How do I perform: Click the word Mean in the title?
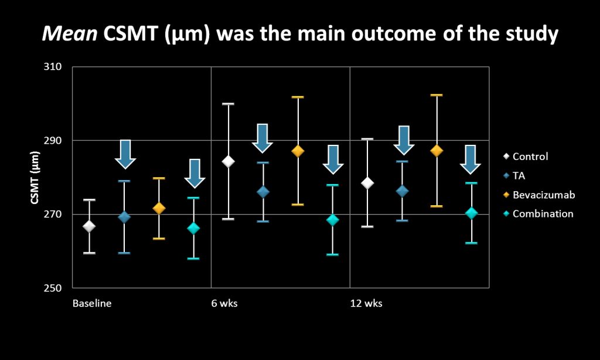pos(70,33)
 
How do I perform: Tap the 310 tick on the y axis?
pos(53,67)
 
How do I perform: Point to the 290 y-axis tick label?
pos(53,141)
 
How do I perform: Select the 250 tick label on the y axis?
pos(53,288)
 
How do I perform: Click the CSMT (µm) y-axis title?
pos(35,177)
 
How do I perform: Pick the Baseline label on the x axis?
pos(92,304)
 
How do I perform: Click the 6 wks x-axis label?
pos(224,304)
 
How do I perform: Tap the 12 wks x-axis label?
pos(366,304)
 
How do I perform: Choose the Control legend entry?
pos(526,157)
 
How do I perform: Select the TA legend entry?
pos(514,175)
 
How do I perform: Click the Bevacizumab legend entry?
pos(539,195)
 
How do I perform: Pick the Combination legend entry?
pos(538,213)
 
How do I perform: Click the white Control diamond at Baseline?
pos(89,226)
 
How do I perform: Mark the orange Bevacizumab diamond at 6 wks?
pos(298,151)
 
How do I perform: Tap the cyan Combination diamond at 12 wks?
pos(472,213)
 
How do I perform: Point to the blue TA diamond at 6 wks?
pos(263,192)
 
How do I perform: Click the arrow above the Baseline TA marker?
pos(125,154)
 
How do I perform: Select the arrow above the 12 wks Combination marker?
pos(471,159)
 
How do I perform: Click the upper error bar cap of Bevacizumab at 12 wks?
pos(437,95)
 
